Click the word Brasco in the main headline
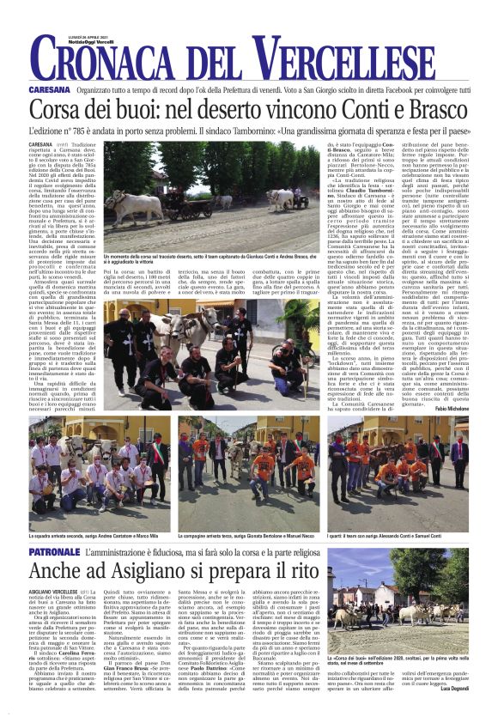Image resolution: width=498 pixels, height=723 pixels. tap(434, 110)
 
